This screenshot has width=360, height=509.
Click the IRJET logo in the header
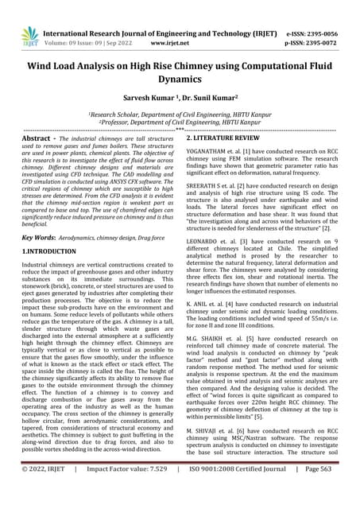29,35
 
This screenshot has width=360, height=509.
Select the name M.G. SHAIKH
206,359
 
